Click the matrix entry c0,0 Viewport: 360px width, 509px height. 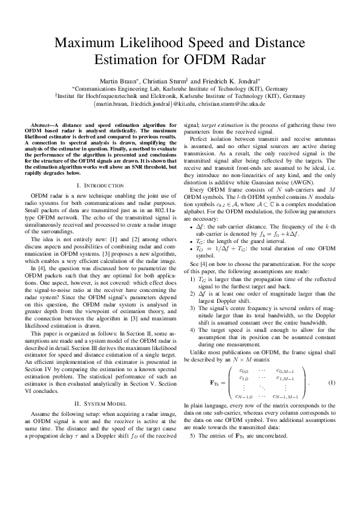244,371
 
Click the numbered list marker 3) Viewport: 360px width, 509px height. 193,307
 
